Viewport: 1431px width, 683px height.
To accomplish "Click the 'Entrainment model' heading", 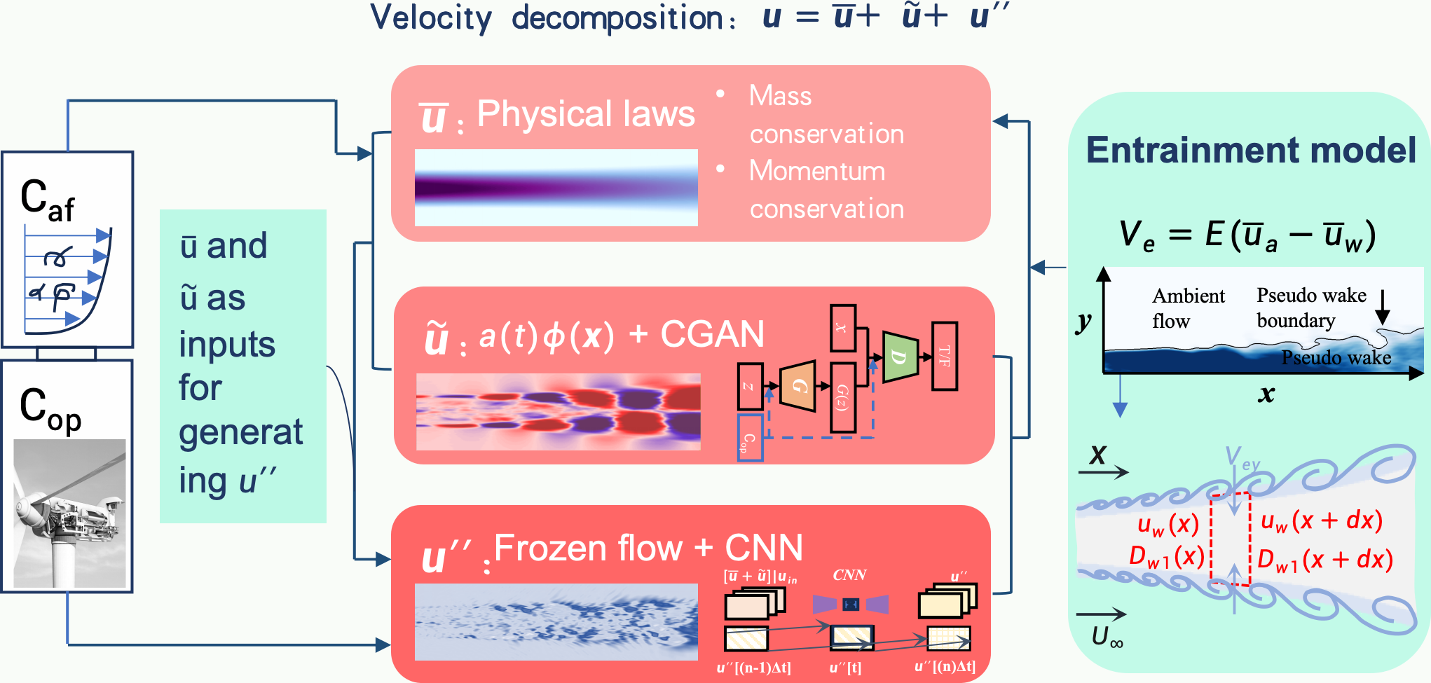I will (1251, 150).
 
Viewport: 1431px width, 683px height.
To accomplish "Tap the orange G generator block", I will (798, 386).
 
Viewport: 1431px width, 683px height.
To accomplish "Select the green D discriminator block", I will (900, 357).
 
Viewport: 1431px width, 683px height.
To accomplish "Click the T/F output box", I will (945, 356).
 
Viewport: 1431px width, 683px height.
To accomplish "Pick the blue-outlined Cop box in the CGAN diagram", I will (750, 438).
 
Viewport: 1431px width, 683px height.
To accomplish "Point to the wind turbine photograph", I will (69, 513).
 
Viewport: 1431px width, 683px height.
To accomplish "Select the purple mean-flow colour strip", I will (556, 188).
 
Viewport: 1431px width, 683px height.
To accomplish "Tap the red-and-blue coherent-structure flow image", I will (558, 411).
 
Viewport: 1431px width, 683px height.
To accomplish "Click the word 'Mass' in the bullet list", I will (780, 96).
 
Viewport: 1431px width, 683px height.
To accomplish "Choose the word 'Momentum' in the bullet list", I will (817, 171).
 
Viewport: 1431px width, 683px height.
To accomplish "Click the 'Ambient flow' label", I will (1188, 308).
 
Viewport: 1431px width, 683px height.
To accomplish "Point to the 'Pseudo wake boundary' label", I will (1310, 308).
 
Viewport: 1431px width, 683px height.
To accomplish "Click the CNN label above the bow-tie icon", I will (849, 575).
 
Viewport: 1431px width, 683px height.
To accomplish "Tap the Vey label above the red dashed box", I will (1242, 459).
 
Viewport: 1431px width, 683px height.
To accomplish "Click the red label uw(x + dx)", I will (1321, 520).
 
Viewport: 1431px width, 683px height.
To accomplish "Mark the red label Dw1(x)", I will (1166, 557).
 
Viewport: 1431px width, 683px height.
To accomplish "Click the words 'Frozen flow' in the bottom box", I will (588, 548).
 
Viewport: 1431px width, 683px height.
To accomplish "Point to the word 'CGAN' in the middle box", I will (712, 334).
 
